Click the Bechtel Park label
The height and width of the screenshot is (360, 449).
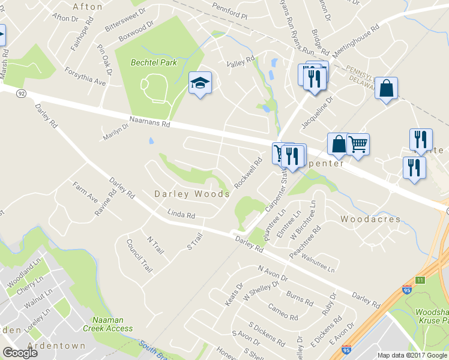pyautogui.click(x=154, y=63)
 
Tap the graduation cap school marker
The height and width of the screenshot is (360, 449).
pyautogui.click(x=200, y=83)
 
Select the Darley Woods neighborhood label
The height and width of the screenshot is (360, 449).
pyautogui.click(x=192, y=194)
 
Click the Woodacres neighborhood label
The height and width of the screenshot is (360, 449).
pyautogui.click(x=370, y=219)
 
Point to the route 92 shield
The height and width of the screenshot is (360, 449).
pyautogui.click(x=20, y=94)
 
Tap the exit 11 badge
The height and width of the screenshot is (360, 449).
pyautogui.click(x=420, y=280)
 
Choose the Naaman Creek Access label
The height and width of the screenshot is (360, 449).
pyautogui.click(x=112, y=324)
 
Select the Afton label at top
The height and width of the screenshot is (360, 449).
pyautogui.click(x=83, y=7)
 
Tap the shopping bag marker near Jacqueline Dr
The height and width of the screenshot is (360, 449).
pyautogui.click(x=386, y=89)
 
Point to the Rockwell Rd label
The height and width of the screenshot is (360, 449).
pyautogui.click(x=249, y=173)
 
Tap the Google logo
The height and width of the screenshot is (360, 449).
pyautogui.click(x=20, y=353)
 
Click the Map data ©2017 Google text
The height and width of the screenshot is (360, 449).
pyautogui.click(x=412, y=355)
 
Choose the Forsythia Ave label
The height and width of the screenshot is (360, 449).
pyautogui.click(x=86, y=76)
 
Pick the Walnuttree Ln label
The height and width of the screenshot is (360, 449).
pyautogui.click(x=318, y=265)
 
